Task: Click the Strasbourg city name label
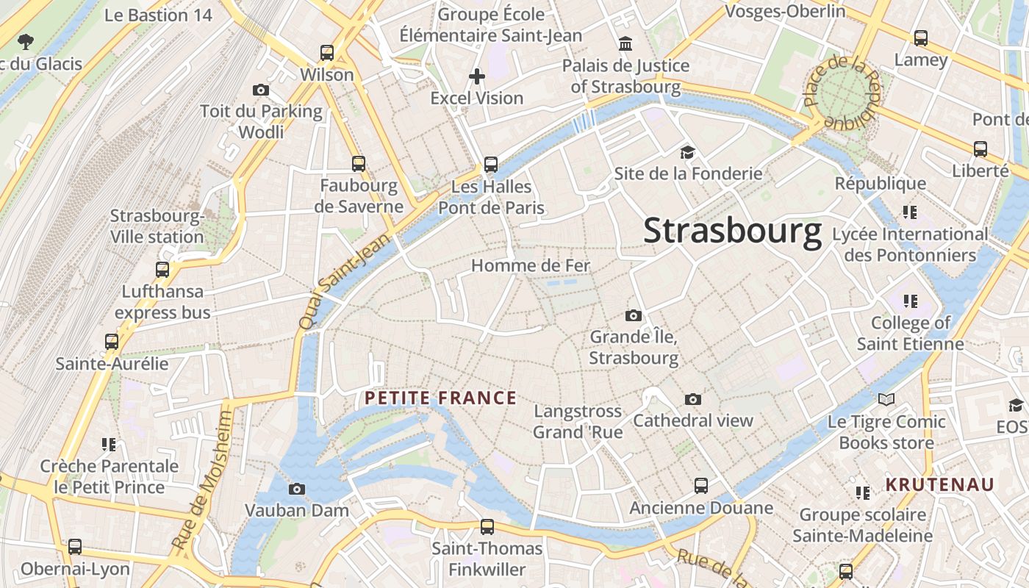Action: click(x=733, y=231)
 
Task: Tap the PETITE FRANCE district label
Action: click(x=441, y=398)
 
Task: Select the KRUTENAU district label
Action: click(x=940, y=485)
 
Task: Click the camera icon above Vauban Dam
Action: click(x=297, y=489)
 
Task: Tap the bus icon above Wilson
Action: click(x=327, y=53)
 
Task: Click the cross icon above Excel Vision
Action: click(x=477, y=76)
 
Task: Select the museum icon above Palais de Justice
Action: click(x=625, y=44)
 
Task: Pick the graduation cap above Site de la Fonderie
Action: click(x=687, y=152)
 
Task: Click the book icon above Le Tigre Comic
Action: click(x=887, y=399)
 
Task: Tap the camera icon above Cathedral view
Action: click(x=693, y=399)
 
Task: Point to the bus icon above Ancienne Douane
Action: click(x=701, y=486)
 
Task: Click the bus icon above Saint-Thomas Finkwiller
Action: click(x=487, y=526)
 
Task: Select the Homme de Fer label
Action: click(x=531, y=265)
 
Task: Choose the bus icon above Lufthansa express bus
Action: click(x=162, y=270)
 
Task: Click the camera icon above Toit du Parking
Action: click(x=261, y=90)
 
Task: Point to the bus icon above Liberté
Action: click(x=980, y=149)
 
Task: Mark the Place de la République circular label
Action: click(x=842, y=92)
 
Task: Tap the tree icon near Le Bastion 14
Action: click(x=26, y=40)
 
